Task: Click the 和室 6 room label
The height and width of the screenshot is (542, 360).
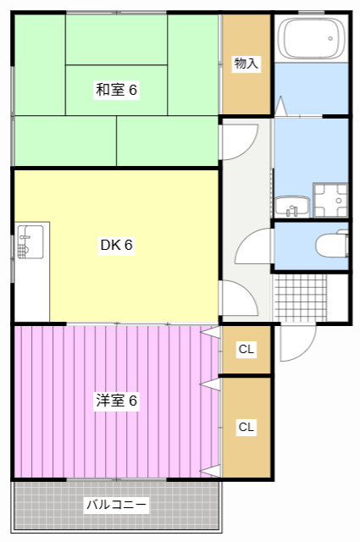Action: (x=116, y=90)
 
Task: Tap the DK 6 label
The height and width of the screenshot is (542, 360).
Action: (x=117, y=246)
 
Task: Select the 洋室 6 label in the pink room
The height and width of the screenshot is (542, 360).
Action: (x=116, y=401)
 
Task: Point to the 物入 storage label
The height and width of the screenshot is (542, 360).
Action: (x=246, y=64)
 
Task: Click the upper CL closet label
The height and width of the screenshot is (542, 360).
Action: (x=246, y=349)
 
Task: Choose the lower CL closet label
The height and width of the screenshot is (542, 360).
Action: (x=246, y=427)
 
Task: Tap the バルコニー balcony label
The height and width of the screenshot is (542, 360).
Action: (x=117, y=506)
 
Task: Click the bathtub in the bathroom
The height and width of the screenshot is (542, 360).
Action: (x=312, y=39)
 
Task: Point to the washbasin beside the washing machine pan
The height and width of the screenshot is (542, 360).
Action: (x=291, y=205)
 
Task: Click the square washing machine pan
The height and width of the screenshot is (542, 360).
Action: (x=330, y=200)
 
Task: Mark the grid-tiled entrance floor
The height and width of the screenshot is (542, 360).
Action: (x=300, y=297)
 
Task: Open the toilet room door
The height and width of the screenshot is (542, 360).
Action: (x=254, y=249)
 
